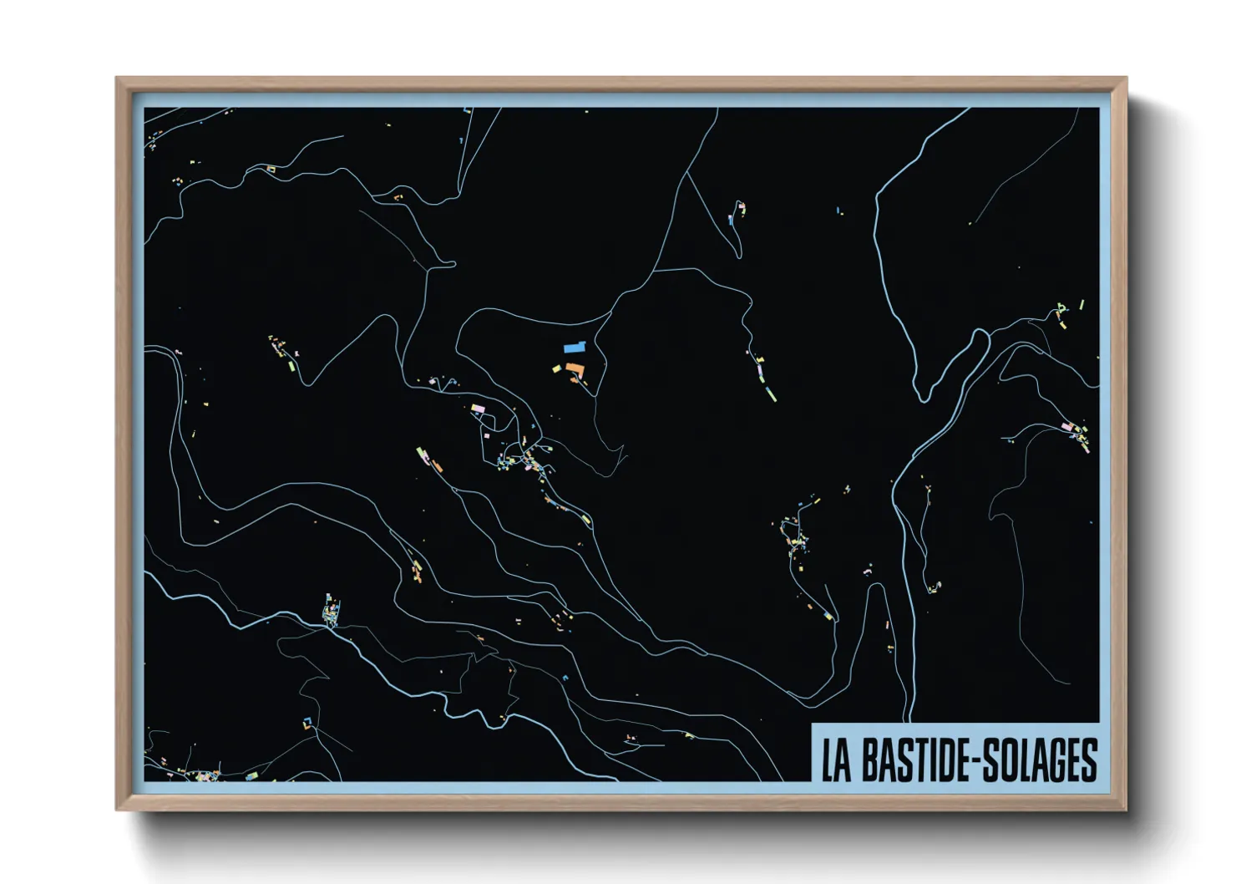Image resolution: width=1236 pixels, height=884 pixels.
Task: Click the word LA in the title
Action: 836,760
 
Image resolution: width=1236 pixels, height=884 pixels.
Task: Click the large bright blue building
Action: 575,347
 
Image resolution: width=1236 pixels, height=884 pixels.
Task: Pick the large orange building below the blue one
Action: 575,368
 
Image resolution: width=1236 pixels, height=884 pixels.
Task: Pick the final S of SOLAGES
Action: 1088,760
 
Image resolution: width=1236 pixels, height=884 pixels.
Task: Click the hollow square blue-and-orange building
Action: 307,721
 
